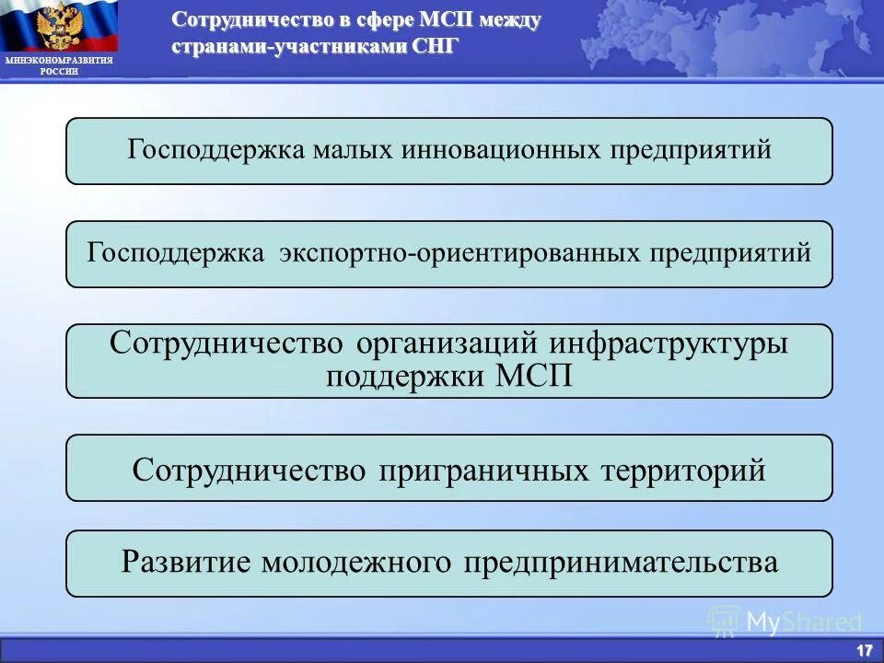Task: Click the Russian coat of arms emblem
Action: (x=59, y=27)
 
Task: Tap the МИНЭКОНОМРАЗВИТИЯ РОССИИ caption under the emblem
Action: (x=59, y=65)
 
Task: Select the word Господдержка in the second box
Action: (x=176, y=253)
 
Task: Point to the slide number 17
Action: (x=864, y=650)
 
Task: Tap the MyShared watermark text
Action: (x=803, y=622)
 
